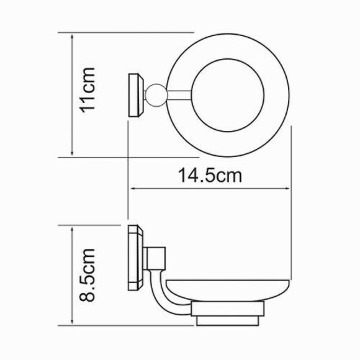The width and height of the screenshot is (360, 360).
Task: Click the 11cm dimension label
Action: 88,90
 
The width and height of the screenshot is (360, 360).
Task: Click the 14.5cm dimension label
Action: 210,176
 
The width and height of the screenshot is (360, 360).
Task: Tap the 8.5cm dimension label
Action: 88,275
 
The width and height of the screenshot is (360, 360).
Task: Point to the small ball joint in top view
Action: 156,96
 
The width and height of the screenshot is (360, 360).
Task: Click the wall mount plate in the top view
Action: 135,95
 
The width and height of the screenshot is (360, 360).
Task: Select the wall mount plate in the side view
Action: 135,258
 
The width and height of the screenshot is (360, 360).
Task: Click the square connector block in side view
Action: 155,259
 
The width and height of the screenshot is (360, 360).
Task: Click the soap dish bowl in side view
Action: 227,290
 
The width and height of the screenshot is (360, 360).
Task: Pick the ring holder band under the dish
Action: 228,309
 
